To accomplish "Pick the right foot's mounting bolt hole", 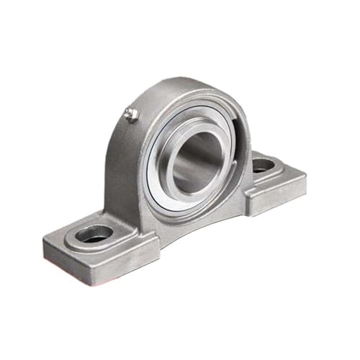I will tap(263, 164).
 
